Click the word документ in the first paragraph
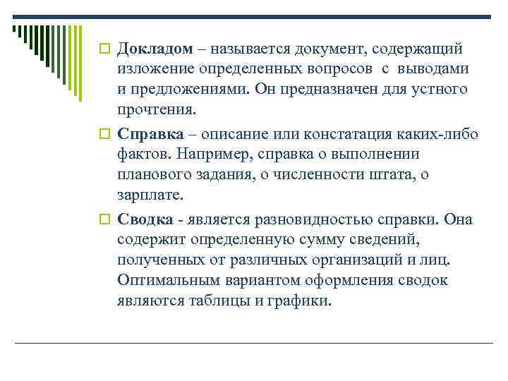[339, 49]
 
